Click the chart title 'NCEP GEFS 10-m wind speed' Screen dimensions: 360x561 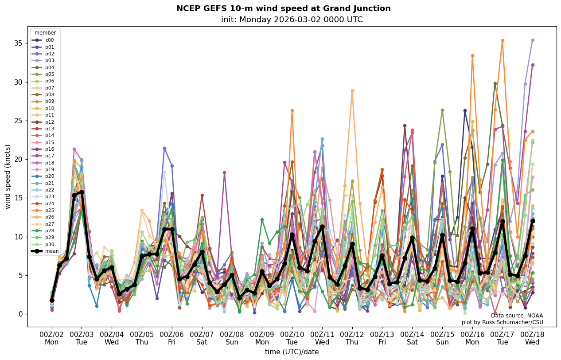[283, 8]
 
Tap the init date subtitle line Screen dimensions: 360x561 [292, 20]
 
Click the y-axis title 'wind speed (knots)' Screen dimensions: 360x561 [8, 176]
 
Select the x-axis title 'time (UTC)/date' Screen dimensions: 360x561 [292, 352]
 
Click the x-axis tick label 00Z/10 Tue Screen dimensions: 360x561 [292, 338]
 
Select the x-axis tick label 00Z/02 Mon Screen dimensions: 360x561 [52, 338]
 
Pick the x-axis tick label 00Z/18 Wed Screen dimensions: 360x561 [532, 338]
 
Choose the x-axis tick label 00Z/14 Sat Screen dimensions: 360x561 [412, 338]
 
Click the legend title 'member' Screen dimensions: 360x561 [45, 33]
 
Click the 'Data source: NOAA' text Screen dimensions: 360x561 [517, 315]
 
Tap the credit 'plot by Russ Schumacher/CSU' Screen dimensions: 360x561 [502, 322]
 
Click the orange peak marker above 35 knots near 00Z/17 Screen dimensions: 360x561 [503, 41]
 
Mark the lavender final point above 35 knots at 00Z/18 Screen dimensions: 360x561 [533, 40]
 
